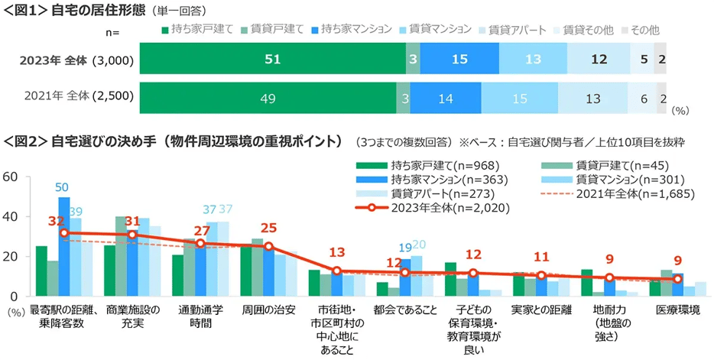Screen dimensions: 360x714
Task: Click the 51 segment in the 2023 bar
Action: tap(273, 60)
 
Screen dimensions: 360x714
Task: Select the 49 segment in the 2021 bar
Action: tap(268, 97)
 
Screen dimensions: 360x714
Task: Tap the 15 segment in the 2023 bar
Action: tap(459, 60)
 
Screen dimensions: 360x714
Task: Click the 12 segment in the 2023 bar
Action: tap(599, 60)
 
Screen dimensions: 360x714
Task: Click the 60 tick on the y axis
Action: tap(10, 177)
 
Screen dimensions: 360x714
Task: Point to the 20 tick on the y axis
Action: tap(10, 256)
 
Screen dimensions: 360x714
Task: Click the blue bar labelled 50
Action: tap(63, 246)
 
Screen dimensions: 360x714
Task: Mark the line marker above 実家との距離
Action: tap(541, 275)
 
